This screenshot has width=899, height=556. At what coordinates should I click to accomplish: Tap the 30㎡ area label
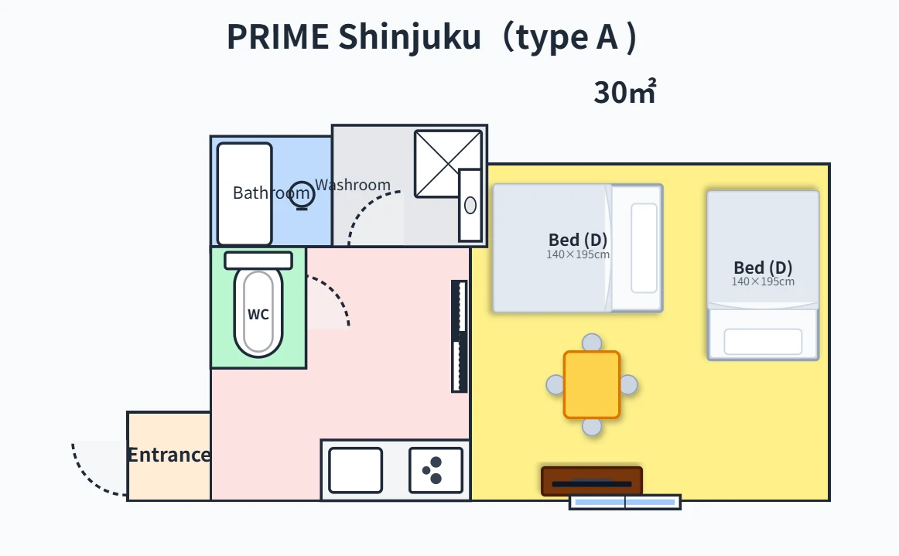(x=625, y=92)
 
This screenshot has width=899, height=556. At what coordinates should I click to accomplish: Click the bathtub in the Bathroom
(x=244, y=194)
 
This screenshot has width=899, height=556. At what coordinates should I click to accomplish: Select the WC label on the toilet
(x=258, y=314)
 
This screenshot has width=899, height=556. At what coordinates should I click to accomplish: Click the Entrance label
(x=169, y=455)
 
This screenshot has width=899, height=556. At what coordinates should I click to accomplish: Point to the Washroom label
(x=353, y=185)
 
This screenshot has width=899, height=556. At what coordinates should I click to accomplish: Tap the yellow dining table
(x=592, y=384)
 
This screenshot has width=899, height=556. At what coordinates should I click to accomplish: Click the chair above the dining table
(x=592, y=343)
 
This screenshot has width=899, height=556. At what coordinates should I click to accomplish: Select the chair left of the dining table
(x=555, y=384)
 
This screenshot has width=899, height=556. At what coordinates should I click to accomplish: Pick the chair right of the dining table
(x=629, y=384)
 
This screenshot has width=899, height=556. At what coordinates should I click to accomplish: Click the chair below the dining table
(x=592, y=426)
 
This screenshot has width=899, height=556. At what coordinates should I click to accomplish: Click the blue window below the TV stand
(x=625, y=502)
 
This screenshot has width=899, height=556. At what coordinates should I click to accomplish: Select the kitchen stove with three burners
(x=436, y=470)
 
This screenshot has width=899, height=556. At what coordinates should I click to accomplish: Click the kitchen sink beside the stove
(x=355, y=470)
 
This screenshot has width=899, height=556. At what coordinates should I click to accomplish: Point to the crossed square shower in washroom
(x=448, y=164)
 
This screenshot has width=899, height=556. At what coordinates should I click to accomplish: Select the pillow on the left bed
(x=644, y=248)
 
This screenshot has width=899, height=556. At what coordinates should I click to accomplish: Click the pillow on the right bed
(x=763, y=342)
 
